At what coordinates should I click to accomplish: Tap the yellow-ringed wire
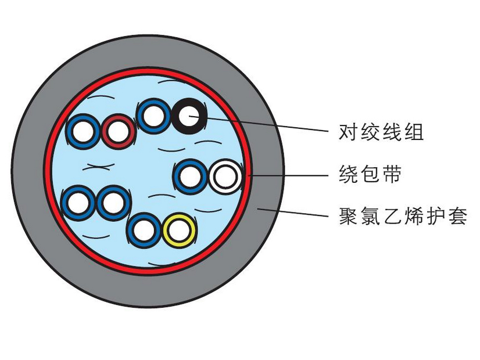pos(179,231)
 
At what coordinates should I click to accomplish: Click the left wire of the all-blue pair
pos(78,203)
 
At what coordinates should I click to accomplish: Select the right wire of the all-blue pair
pos(113,203)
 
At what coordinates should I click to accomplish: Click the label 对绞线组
pos(381,132)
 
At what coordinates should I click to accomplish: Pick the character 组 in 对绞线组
pos(413,132)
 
